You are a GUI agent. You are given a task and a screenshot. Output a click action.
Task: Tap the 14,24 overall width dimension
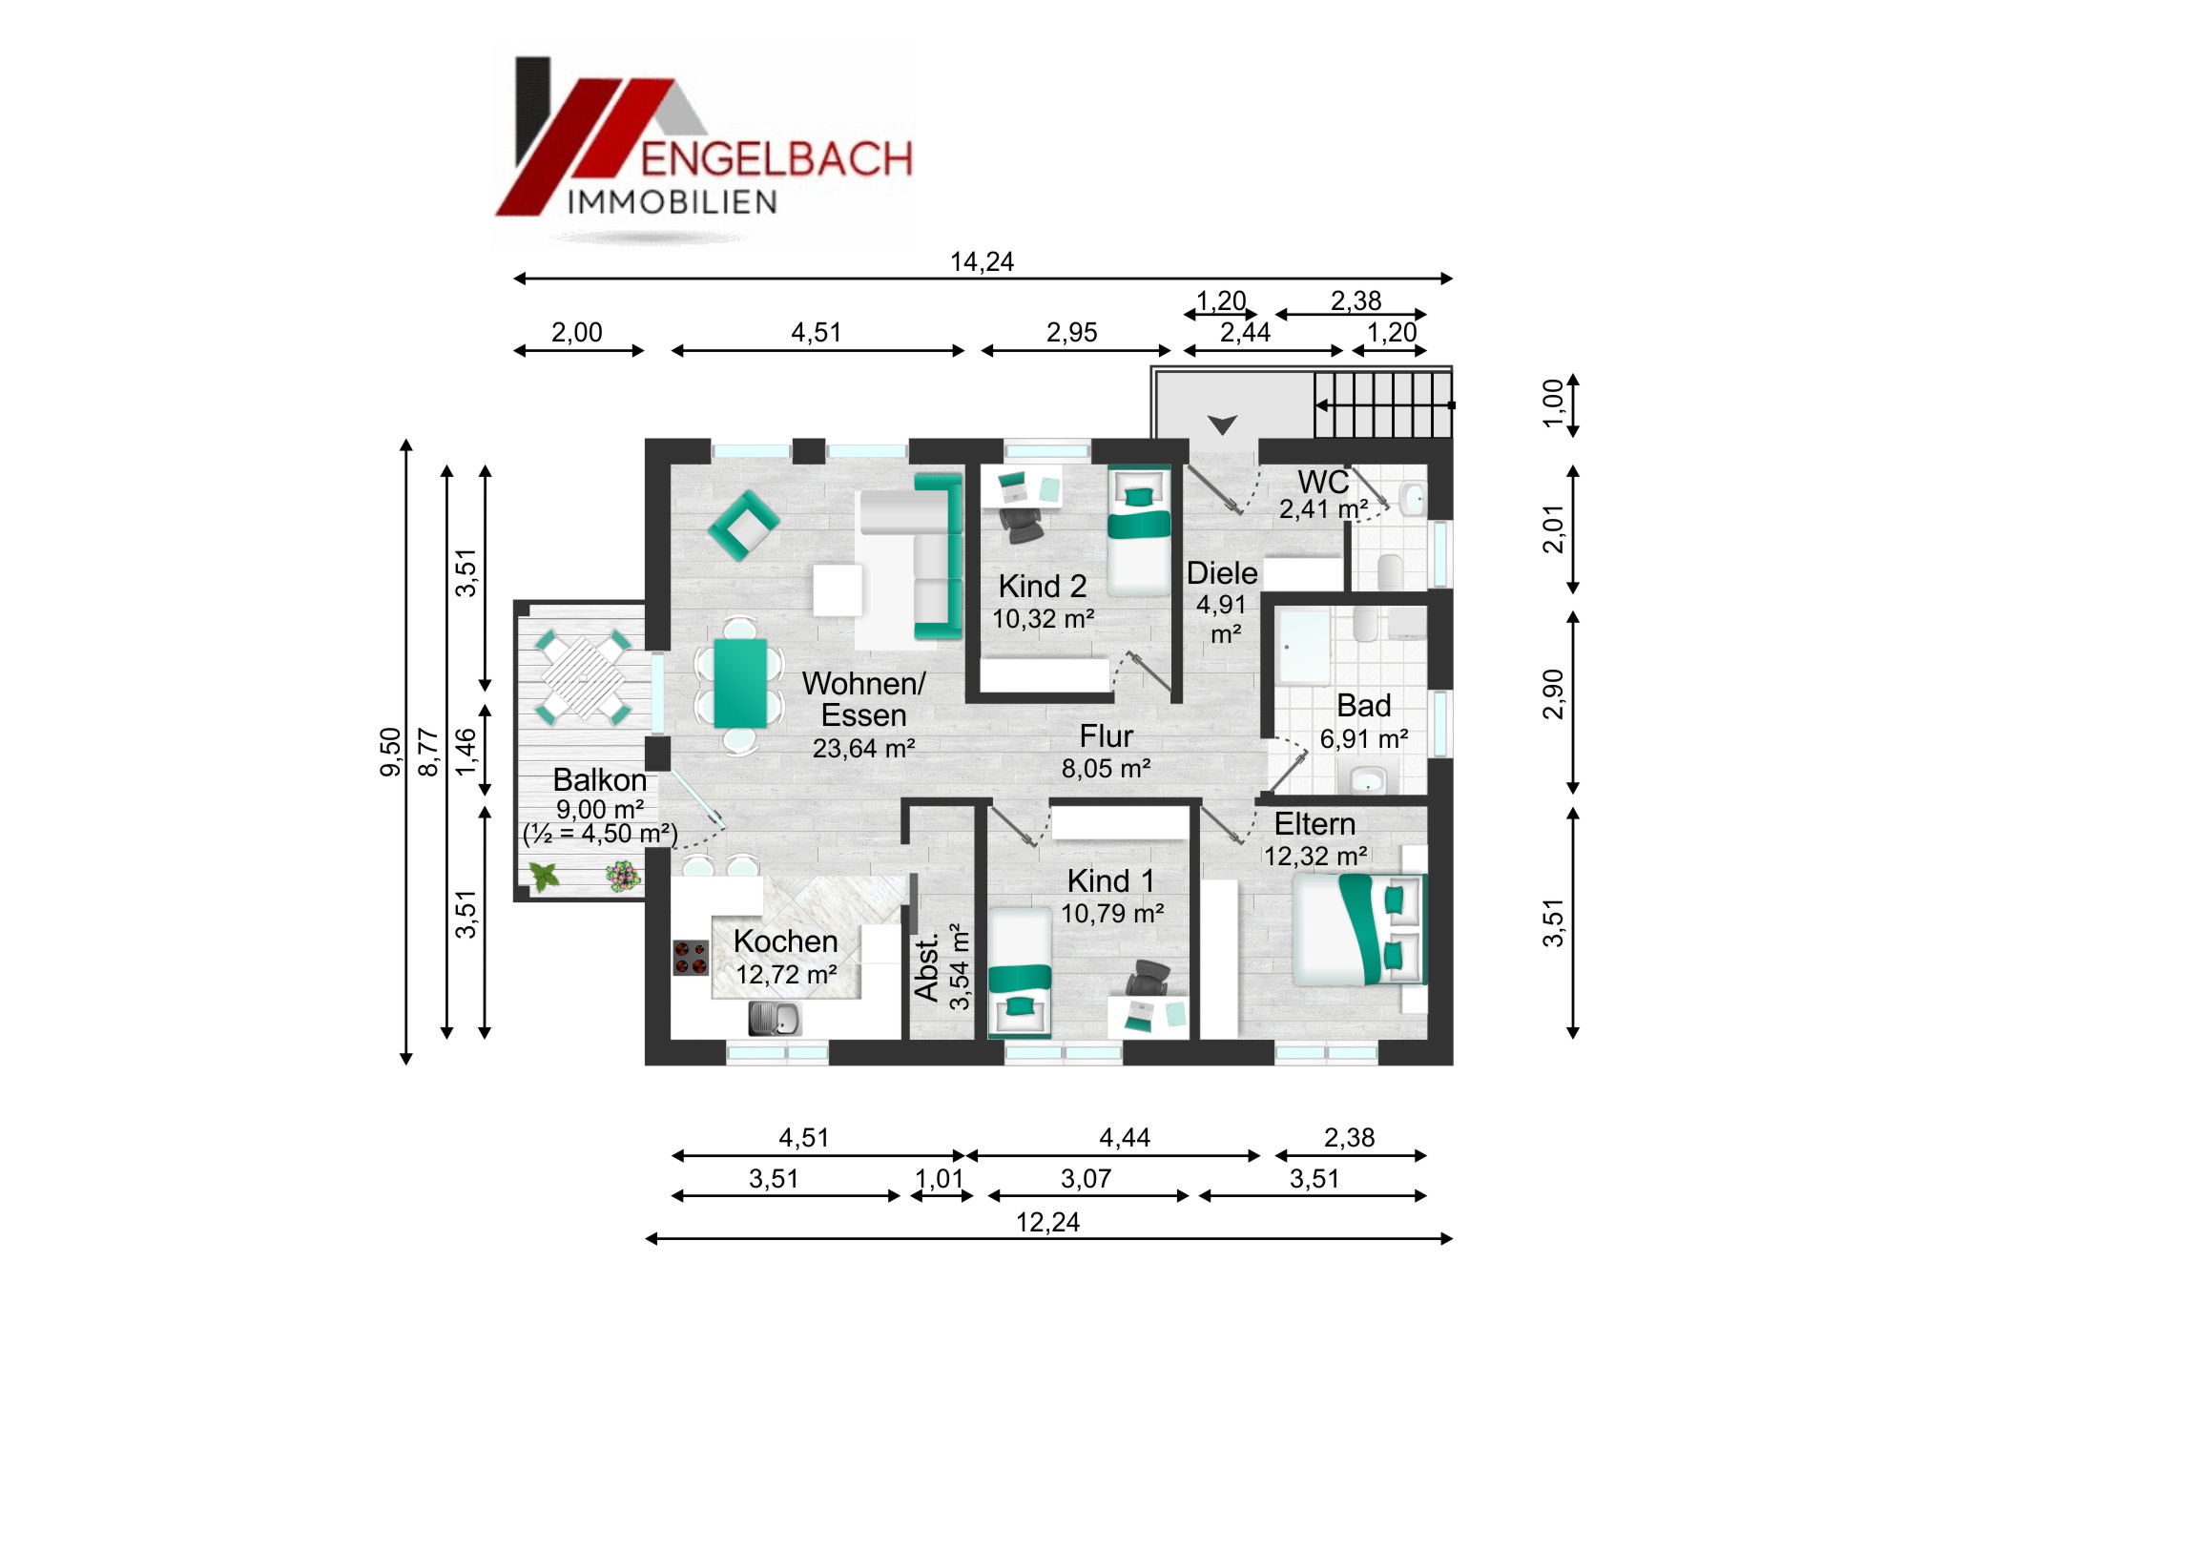982,262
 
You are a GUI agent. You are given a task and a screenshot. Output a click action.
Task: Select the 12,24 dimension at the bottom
1047,1222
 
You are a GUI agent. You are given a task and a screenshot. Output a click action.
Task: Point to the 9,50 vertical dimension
391,752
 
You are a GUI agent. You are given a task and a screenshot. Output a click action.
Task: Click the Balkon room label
599,780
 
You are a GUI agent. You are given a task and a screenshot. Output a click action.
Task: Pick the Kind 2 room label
1043,586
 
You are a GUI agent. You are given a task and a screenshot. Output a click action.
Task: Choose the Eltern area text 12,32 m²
1314,857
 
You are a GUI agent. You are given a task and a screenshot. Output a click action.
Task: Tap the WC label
1323,482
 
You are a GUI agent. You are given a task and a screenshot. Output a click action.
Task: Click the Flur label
1106,735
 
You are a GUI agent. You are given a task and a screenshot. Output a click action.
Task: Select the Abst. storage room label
926,969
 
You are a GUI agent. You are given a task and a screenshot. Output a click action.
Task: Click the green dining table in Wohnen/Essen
739,683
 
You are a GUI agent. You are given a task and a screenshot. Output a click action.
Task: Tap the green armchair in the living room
743,525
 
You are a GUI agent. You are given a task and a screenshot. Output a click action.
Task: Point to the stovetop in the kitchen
691,958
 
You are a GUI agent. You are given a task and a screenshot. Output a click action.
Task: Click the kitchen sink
774,1019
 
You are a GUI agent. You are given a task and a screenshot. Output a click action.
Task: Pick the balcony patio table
583,677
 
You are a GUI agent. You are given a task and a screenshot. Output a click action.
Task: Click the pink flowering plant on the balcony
622,876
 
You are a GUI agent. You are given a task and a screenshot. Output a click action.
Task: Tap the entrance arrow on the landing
1222,424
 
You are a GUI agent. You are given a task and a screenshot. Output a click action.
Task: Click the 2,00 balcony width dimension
577,333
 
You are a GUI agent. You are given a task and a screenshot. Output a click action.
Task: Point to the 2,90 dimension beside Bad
1553,693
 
